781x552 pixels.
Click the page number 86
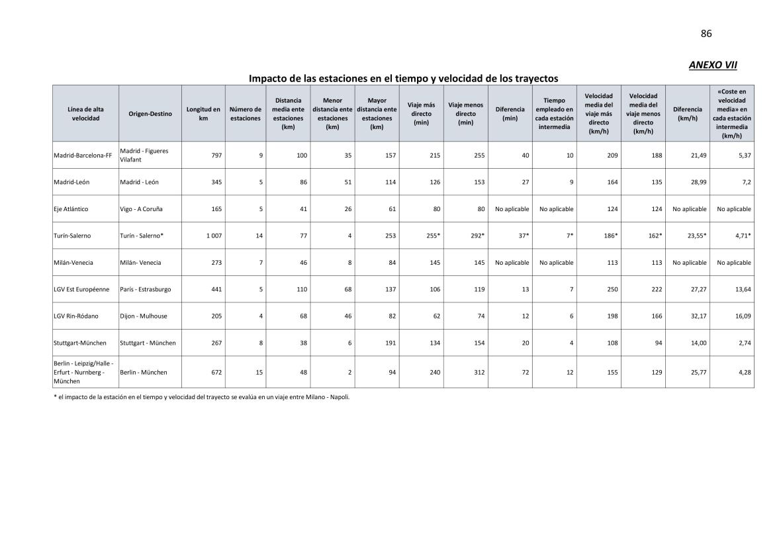pos(706,34)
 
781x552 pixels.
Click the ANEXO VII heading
pos(713,65)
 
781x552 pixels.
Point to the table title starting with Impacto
pos(403,78)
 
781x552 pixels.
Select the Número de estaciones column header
pos(246,113)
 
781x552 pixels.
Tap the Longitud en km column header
pos(203,113)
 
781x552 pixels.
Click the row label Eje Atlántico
pos(71,208)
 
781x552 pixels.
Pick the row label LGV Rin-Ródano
pos(75,316)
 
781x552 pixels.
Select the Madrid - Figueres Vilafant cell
pos(144,155)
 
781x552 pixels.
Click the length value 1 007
pos(213,236)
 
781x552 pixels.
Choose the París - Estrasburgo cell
pos(146,289)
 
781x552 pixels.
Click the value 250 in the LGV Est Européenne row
pos(612,289)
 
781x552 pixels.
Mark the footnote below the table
pos(201,397)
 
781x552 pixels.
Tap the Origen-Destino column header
pos(150,113)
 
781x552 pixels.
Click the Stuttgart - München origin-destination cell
pos(148,343)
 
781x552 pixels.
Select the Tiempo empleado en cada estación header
pos(554,113)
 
